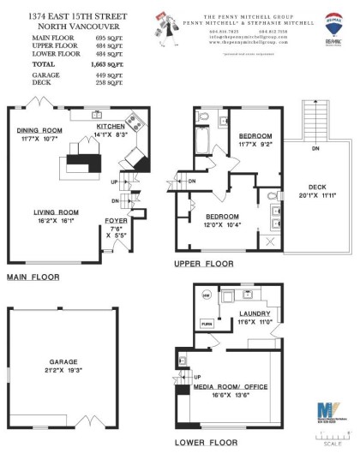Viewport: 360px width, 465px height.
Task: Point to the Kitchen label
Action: [111, 126]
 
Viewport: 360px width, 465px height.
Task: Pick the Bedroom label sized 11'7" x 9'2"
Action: [255, 136]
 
